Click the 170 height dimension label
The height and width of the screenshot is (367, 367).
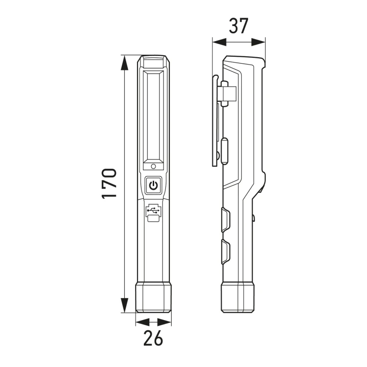tap(109, 183)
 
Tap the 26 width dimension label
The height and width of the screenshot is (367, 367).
tap(153, 338)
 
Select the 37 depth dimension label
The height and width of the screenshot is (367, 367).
tap(238, 26)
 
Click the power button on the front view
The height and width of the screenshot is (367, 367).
tap(153, 185)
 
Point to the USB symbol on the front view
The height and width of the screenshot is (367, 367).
tap(153, 210)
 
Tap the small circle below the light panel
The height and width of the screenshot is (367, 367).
tap(153, 166)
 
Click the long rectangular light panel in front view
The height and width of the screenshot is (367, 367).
tap(153, 117)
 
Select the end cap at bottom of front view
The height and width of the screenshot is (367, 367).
tap(153, 297)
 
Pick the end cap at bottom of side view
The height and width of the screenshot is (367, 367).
tap(237, 297)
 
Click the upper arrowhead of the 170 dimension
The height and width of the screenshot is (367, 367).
tap(124, 63)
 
